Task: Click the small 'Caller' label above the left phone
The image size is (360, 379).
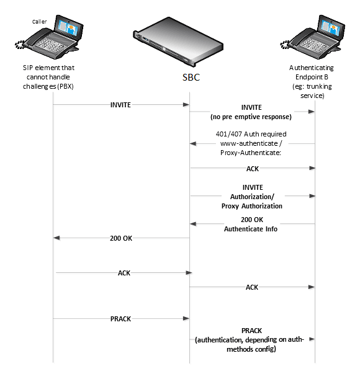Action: point(39,21)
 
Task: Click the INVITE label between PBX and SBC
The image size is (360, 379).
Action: point(120,105)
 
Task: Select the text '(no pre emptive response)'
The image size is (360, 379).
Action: point(251,115)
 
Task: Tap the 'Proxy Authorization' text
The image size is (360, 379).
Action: point(251,205)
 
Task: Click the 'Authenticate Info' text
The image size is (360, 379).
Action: point(251,228)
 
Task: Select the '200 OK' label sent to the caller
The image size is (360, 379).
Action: point(120,238)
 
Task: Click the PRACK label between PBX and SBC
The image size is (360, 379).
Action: point(120,318)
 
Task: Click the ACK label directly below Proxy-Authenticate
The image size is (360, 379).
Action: point(251,167)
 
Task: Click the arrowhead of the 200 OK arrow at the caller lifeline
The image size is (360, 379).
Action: point(56,238)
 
